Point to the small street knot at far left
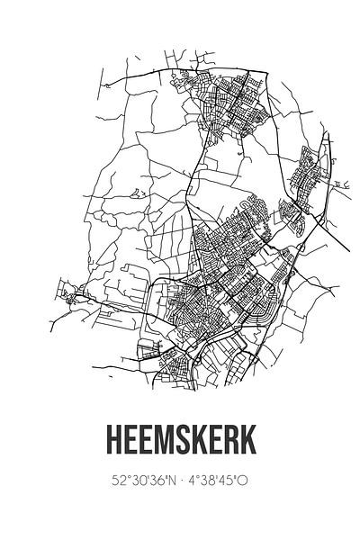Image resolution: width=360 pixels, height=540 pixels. (67, 290)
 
